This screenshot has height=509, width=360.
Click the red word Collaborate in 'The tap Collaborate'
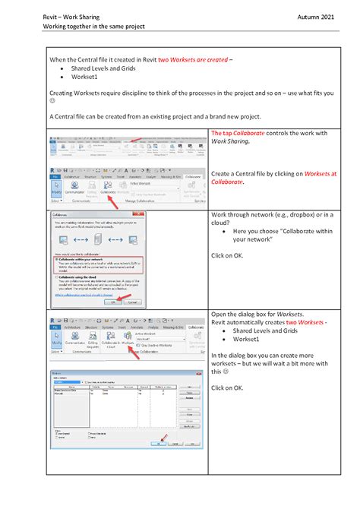pyautogui.click(x=254, y=134)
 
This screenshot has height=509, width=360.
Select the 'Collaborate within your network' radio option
pyautogui.click(x=54, y=258)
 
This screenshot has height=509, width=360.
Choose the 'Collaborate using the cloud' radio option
pyautogui.click(x=54, y=277)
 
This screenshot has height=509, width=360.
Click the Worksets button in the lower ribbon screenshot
pyautogui.click(x=127, y=337)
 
